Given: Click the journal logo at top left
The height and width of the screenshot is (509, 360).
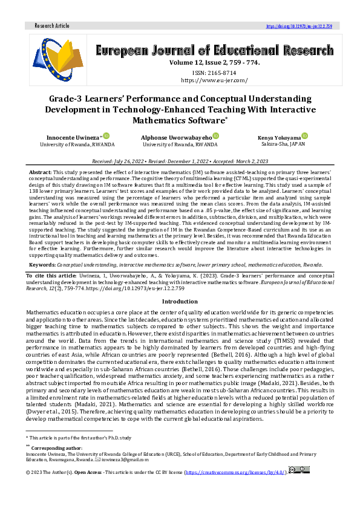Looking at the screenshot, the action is pyautogui.click(x=57, y=59).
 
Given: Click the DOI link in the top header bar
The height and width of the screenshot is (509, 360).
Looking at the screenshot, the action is pyautogui.click(x=299, y=27).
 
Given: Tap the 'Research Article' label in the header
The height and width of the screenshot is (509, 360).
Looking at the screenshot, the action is pyautogui.click(x=52, y=27).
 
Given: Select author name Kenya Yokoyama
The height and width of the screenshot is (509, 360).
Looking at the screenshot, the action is pyautogui.click(x=279, y=138).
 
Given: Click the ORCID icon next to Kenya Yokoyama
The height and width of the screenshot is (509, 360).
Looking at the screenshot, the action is pyautogui.click(x=305, y=137).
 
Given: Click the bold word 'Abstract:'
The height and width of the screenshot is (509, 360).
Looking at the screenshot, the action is pyautogui.click(x=41, y=173).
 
